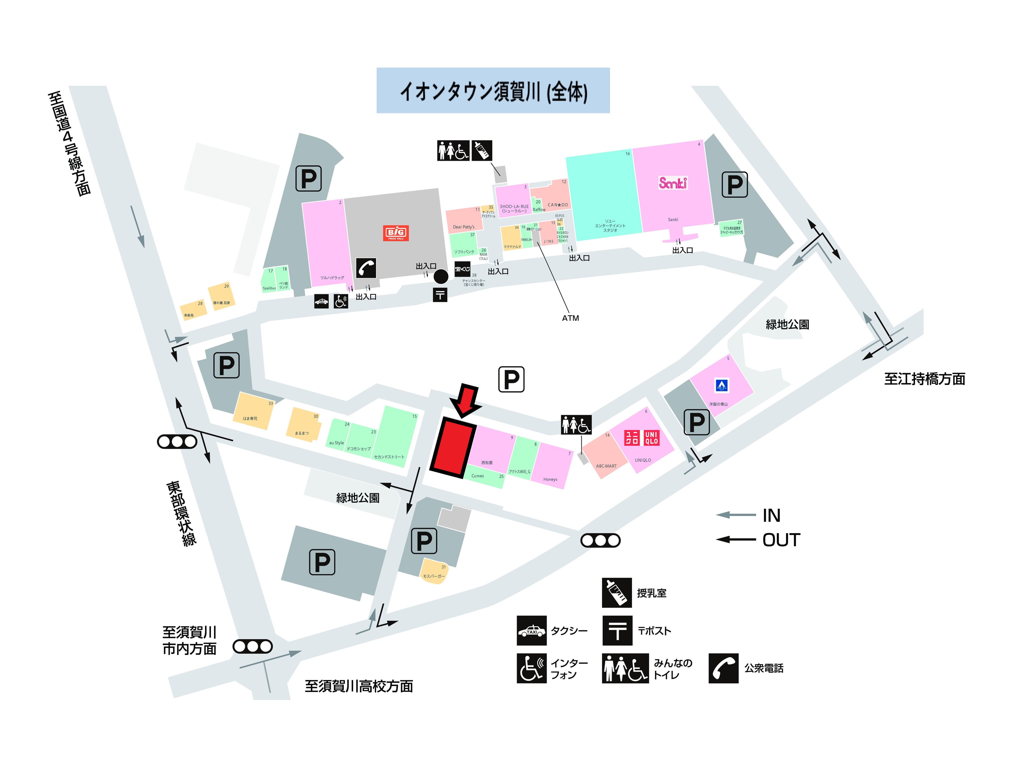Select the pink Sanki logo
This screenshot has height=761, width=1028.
click(x=673, y=183)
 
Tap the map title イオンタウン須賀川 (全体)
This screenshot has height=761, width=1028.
click(x=493, y=91)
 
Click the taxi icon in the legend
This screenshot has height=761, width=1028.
click(x=531, y=631)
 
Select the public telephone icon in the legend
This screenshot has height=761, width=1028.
click(x=723, y=668)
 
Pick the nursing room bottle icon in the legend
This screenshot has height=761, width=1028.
click(x=617, y=593)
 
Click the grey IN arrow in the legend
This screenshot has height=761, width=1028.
click(x=736, y=515)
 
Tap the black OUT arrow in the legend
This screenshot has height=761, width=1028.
click(x=736, y=539)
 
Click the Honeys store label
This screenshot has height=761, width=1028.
click(x=550, y=480)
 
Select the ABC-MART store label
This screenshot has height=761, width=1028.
click(x=606, y=466)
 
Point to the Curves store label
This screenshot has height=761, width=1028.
click(x=478, y=476)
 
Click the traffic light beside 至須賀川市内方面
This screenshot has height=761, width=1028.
click(x=252, y=647)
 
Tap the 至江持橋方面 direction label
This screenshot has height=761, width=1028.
click(x=924, y=379)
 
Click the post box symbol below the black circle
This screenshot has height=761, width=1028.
click(x=440, y=295)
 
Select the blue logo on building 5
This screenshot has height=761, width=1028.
click(x=721, y=385)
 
